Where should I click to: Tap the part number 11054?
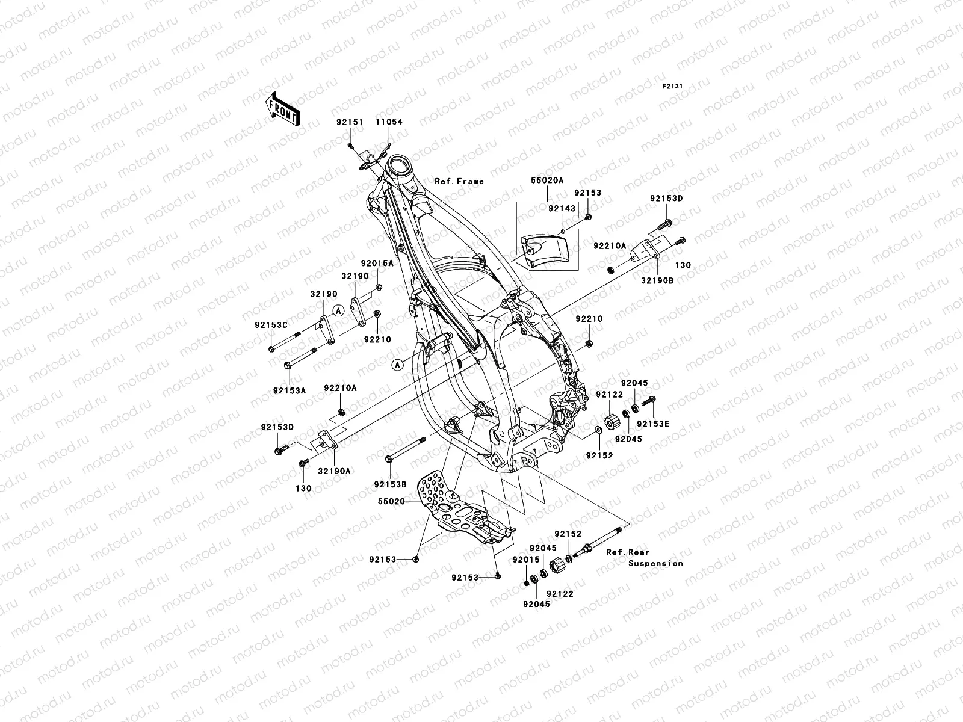(x=389, y=122)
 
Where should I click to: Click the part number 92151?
(x=350, y=122)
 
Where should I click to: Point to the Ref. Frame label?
(x=459, y=181)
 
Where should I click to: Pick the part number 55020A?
(x=547, y=179)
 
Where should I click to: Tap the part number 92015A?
(x=377, y=263)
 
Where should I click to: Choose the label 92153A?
(x=289, y=390)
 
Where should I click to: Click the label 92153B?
(x=390, y=484)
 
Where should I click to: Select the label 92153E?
(x=653, y=424)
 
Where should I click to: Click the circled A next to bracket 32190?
(x=339, y=310)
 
